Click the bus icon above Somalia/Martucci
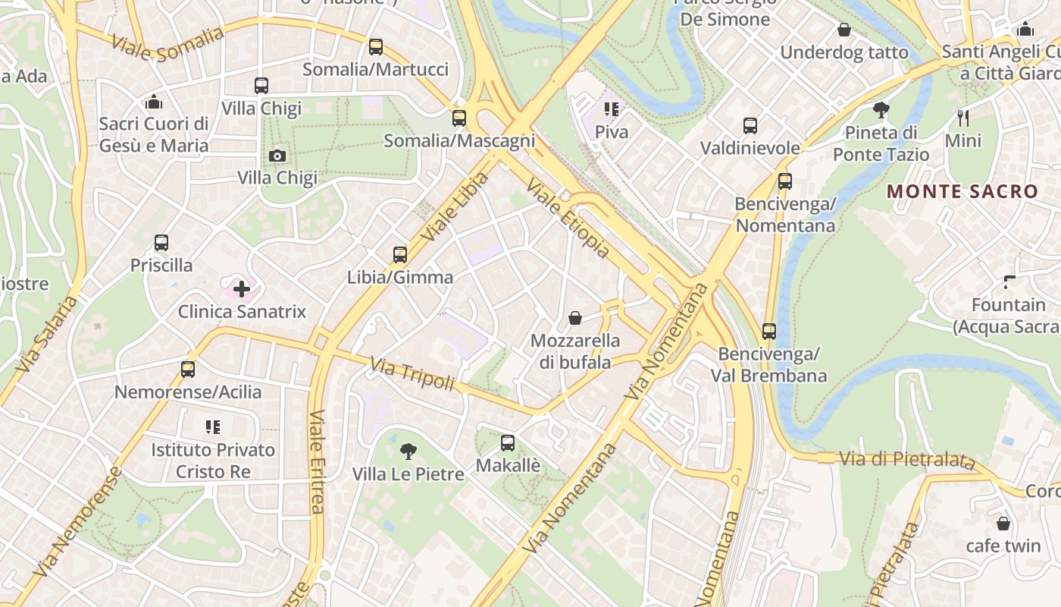coord(375,47)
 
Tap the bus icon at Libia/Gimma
coord(400,255)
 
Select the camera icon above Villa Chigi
coord(277,156)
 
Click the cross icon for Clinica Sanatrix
coord(242,289)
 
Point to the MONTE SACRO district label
coord(962,191)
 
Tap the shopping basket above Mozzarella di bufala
coord(575,318)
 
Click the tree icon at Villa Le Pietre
coord(408,451)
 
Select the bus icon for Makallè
coord(508,442)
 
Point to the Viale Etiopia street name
coord(568,218)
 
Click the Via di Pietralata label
coord(906,459)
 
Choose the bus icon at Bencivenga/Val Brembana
coord(769,331)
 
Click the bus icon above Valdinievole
coord(750,125)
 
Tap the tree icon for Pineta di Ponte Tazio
coord(881,110)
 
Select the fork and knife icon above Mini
coord(963,118)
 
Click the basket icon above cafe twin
coord(1003,524)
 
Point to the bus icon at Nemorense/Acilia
coord(188,370)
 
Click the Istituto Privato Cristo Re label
coord(213,461)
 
